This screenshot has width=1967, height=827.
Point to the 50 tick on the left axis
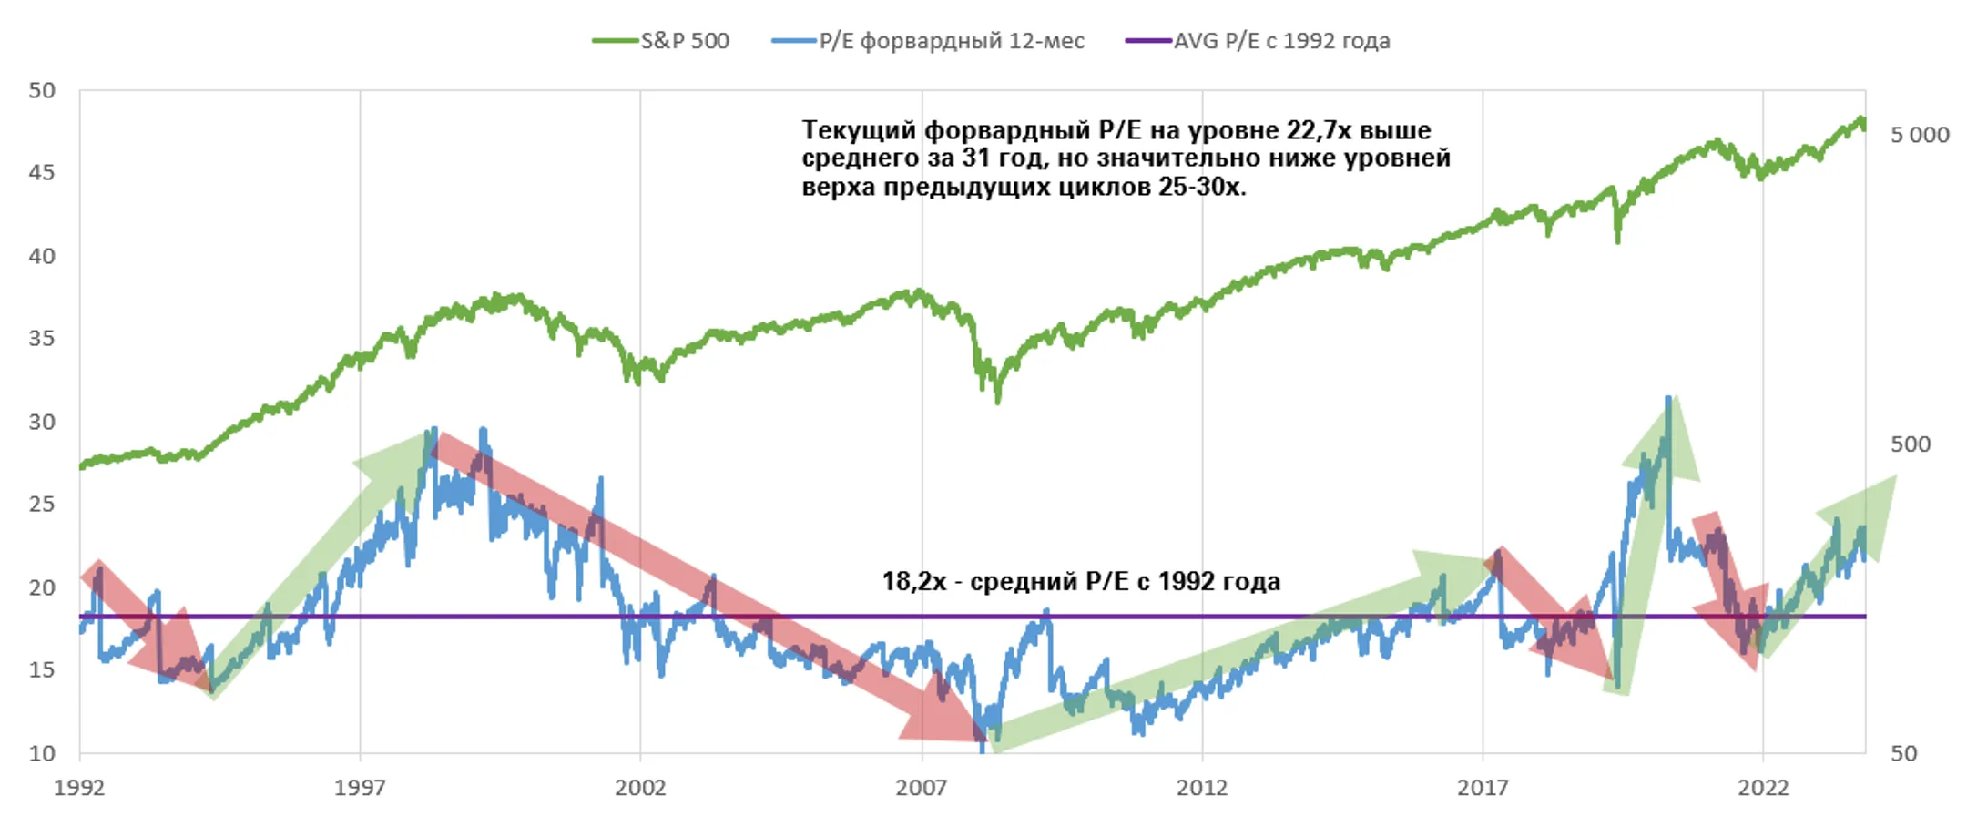tap(42, 90)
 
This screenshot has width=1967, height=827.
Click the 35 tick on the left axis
tap(42, 339)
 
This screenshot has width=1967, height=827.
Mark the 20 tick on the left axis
tap(42, 587)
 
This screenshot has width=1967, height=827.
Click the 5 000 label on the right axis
tap(1919, 135)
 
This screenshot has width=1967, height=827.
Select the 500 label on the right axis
tap(1910, 444)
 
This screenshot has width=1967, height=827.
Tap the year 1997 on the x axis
tap(359, 788)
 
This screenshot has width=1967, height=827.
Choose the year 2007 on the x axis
tap(921, 788)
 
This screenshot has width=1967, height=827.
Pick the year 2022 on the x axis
tap(1762, 788)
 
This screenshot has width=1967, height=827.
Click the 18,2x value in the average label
tap(913, 581)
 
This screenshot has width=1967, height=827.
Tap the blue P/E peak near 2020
tap(1667, 398)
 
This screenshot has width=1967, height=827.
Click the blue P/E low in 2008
tap(983, 749)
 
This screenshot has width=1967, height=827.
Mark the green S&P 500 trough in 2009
tap(998, 401)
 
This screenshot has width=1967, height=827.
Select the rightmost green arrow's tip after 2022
tap(1894, 477)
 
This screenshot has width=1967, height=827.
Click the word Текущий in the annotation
tap(859, 130)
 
